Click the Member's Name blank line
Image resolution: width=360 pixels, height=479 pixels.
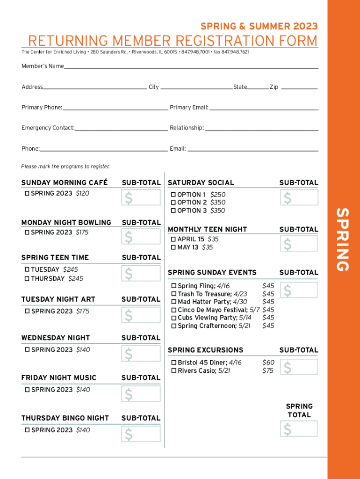click(191, 68)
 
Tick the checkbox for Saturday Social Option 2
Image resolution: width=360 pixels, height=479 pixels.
click(173, 203)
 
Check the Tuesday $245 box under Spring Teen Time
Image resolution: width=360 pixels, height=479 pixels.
click(27, 269)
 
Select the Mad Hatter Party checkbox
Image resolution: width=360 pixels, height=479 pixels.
click(174, 302)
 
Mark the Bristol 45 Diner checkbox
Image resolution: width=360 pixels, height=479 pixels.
click(174, 363)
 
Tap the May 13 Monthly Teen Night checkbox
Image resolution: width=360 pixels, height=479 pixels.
click(173, 247)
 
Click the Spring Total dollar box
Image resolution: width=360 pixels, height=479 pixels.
click(299, 428)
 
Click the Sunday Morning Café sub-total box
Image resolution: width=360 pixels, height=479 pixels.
click(141, 198)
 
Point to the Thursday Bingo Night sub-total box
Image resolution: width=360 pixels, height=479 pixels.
click(141, 434)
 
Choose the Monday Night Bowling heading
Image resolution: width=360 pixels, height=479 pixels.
click(66, 223)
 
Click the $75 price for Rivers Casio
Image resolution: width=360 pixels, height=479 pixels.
click(268, 371)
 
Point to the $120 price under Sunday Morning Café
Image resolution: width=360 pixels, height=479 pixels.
click(82, 194)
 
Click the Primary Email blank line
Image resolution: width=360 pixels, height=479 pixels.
click(264, 109)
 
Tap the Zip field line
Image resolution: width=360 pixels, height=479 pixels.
click(299, 88)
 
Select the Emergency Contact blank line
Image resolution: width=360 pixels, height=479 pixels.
click(121, 130)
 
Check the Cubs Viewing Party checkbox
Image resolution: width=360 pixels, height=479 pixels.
click(174, 318)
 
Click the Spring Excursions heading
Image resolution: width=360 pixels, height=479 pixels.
click(205, 350)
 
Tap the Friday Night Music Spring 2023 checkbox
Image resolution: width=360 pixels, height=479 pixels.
click(27, 390)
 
